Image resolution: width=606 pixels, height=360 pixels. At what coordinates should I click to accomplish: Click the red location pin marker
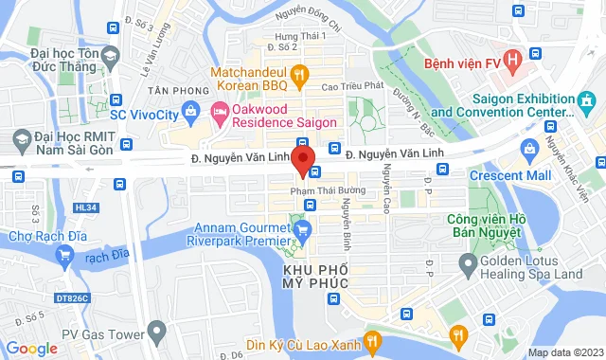point(303,160)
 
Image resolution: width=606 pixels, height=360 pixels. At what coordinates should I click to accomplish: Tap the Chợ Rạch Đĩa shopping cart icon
point(65,255)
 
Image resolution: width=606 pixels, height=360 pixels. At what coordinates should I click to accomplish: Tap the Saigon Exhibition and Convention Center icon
point(587,99)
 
